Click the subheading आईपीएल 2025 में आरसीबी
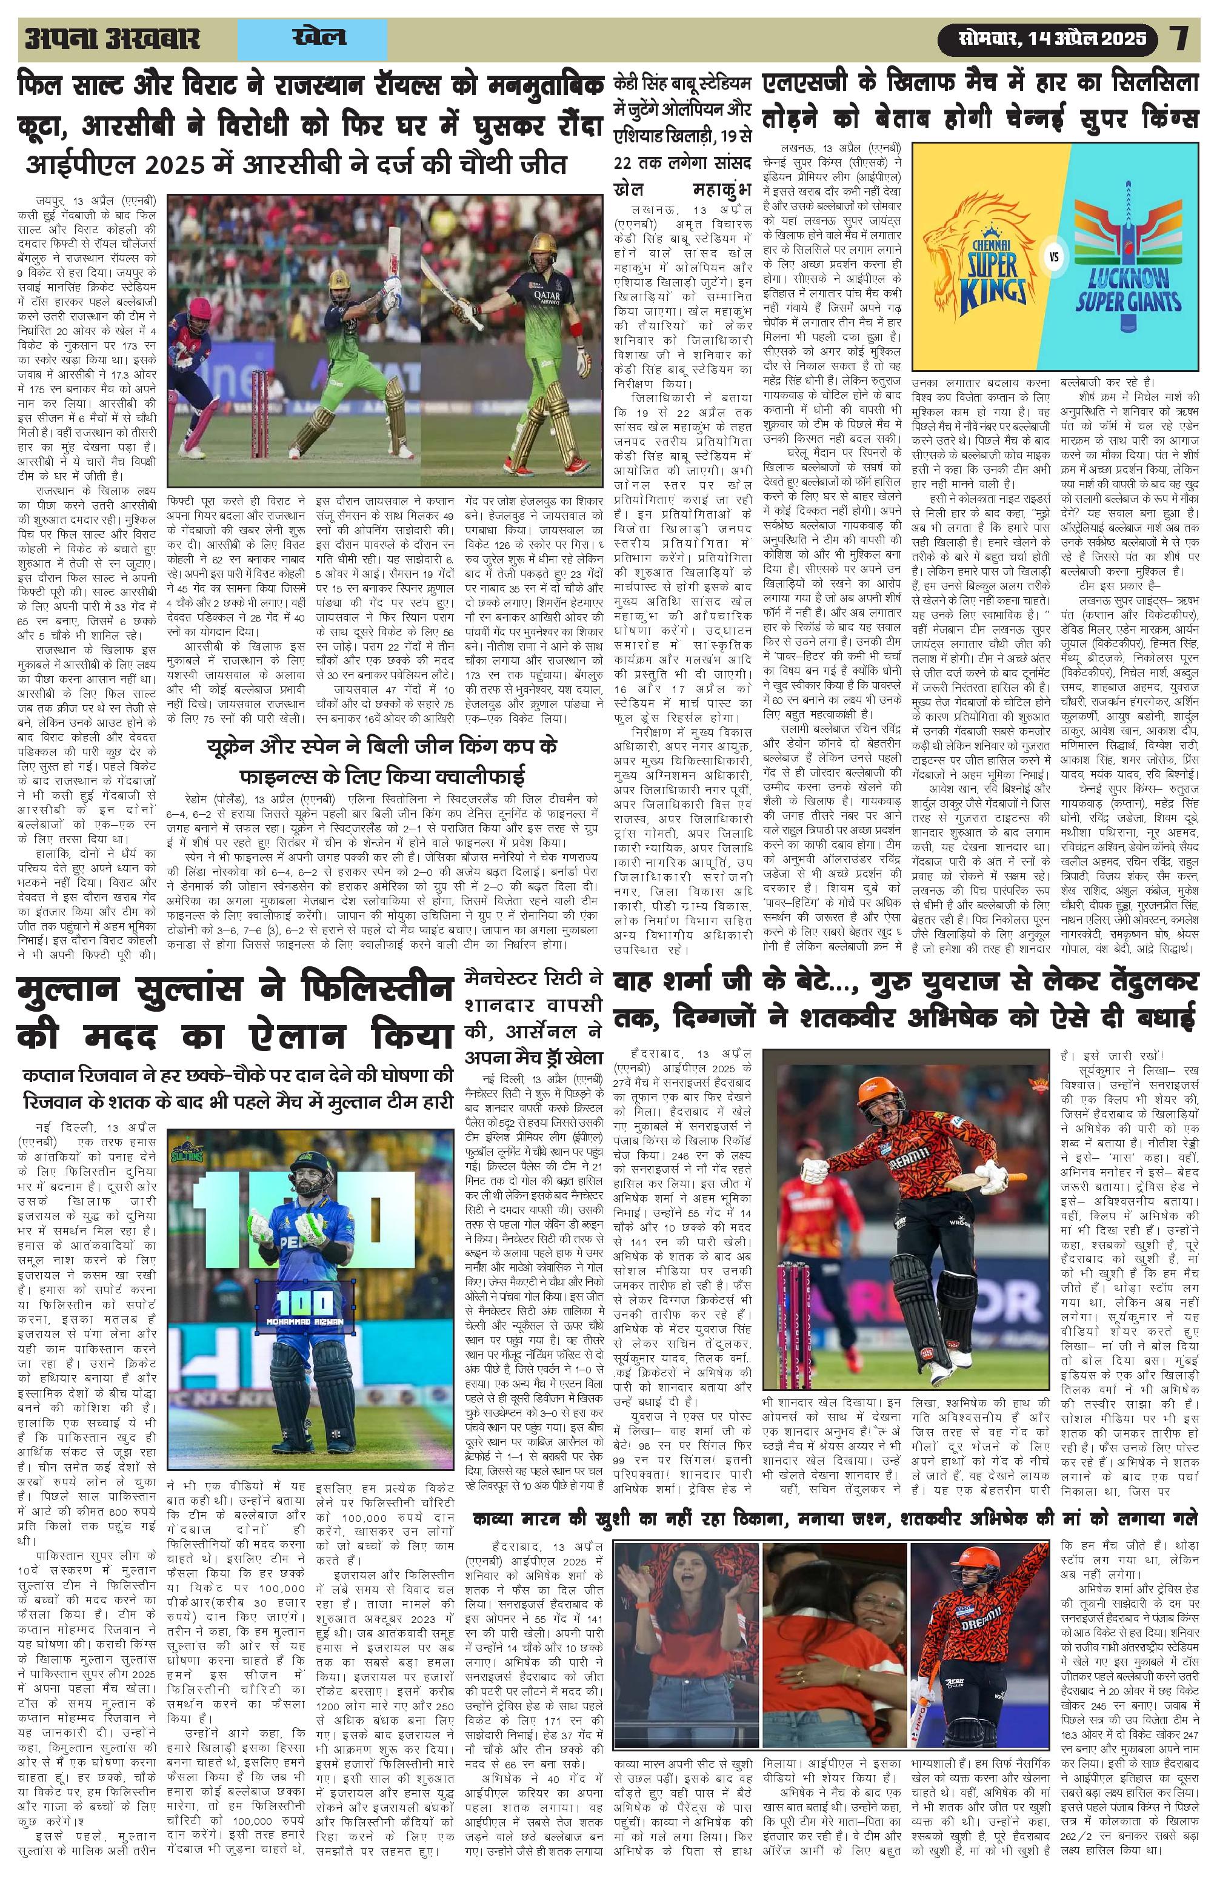[296, 167]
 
